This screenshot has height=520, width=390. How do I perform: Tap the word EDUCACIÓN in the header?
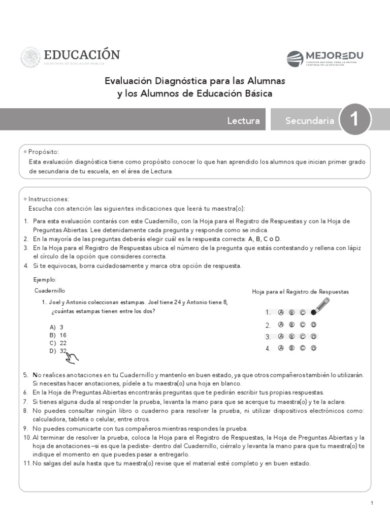tap(82, 55)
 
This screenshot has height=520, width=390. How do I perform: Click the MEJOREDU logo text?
tap(334, 55)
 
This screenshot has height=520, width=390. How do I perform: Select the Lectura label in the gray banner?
tap(243, 120)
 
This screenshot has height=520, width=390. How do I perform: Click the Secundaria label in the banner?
tap(310, 120)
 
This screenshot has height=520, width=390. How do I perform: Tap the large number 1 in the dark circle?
tap(354, 120)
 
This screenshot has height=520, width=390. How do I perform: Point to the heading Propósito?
tap(44, 151)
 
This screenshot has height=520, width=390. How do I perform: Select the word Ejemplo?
tap(45, 280)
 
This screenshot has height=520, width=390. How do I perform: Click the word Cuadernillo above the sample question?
tap(50, 291)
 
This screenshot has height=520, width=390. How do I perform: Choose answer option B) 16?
tap(58, 335)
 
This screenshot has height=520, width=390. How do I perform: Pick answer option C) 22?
tap(58, 343)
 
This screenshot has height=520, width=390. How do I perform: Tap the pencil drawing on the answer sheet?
tap(320, 306)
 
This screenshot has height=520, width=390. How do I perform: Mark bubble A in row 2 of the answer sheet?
tap(280, 324)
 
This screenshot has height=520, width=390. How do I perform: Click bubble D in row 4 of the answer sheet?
tap(314, 348)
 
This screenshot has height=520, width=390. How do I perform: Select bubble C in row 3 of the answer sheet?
tap(303, 336)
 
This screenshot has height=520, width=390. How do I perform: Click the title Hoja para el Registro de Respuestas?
tap(300, 292)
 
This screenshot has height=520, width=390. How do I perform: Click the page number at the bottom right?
tap(372, 503)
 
